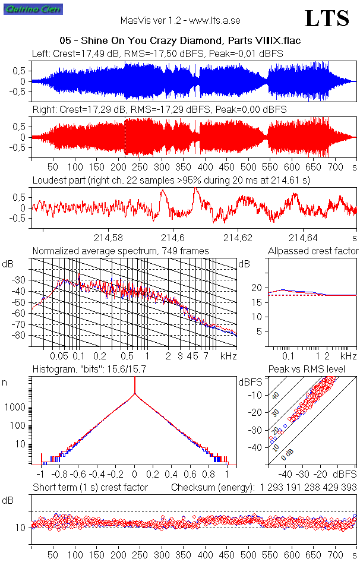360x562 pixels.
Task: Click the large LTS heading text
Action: [327, 18]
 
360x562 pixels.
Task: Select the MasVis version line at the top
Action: [180, 20]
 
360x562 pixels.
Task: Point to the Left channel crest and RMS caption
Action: [157, 53]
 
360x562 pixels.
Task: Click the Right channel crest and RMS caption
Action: [159, 110]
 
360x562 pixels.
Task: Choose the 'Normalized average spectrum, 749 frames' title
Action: [121, 251]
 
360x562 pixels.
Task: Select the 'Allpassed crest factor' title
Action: [313, 251]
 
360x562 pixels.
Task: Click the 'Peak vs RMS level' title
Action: [315, 370]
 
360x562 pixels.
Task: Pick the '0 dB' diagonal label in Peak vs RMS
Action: [287, 455]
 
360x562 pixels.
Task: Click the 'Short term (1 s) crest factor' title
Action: [90, 488]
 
